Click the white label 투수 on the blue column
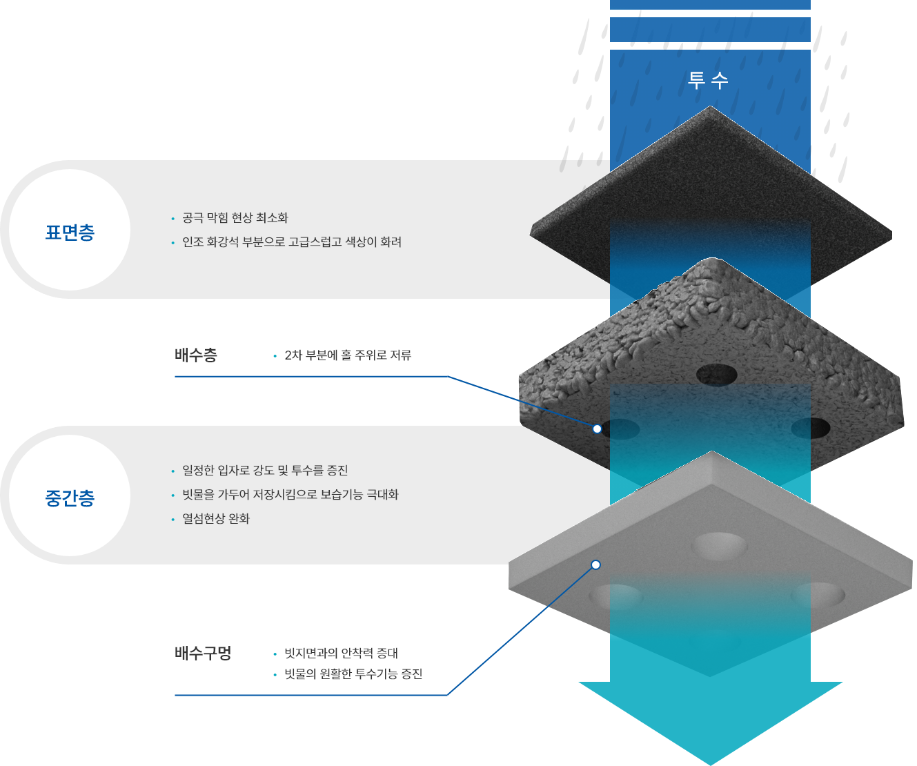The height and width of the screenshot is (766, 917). coord(708,80)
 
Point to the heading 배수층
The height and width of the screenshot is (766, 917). coord(196,355)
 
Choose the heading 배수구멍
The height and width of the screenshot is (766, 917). coord(203,653)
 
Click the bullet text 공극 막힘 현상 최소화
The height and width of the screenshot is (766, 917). coord(235,218)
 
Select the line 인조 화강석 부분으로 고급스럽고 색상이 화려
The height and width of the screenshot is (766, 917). coord(292,242)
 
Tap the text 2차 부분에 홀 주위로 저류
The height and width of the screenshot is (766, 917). coord(348,355)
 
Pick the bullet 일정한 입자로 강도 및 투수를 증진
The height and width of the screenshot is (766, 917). coord(265,471)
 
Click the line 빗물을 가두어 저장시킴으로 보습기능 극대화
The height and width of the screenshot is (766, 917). coord(290,495)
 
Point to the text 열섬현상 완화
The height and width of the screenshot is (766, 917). coord(216,519)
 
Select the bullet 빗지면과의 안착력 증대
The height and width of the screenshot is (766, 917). coord(342,653)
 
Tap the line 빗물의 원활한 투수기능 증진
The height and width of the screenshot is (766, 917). coord(353,674)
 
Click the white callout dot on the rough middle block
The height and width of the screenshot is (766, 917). coord(597,429)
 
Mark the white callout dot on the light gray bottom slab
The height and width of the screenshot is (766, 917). coord(596,564)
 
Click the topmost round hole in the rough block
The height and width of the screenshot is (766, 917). coord(717,375)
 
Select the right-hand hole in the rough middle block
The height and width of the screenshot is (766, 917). coord(811,429)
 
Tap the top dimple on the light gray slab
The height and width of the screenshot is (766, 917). coord(719,547)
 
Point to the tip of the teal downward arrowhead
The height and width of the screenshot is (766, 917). coord(711,765)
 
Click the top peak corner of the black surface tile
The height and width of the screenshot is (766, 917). coord(710,106)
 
